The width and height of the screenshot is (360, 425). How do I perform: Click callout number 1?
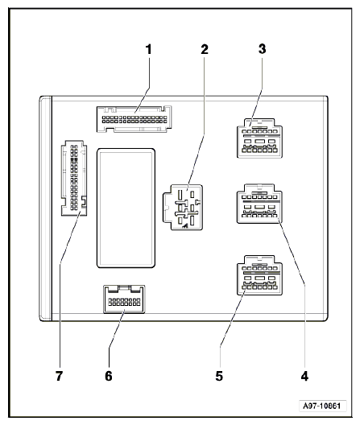(148, 49)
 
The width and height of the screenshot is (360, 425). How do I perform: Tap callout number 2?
(205, 49)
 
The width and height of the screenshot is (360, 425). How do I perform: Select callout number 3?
(262, 49)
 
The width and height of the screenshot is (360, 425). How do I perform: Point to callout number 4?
(304, 376)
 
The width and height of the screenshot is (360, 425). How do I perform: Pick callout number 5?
(219, 376)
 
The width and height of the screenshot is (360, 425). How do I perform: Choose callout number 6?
(109, 376)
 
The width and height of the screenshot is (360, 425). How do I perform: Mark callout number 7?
(59, 376)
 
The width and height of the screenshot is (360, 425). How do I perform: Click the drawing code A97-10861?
(322, 406)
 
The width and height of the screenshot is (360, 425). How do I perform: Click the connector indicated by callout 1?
(134, 119)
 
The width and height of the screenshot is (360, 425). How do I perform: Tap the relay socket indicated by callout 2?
(183, 208)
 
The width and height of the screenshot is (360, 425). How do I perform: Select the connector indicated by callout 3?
(259, 138)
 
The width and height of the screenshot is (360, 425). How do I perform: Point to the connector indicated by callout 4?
(259, 204)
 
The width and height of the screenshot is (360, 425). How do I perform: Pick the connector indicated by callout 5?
(259, 275)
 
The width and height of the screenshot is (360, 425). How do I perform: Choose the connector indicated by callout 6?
(124, 299)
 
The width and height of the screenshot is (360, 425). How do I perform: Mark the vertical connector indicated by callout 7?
(74, 178)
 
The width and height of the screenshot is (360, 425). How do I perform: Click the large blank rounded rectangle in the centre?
(126, 208)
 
